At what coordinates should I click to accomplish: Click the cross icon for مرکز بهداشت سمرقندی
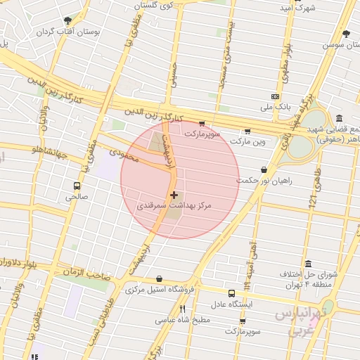pyautogui.click(x=174, y=194)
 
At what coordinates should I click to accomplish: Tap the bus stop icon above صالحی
pyautogui.click(x=77, y=186)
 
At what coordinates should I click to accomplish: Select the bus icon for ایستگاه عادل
pyautogui.click(x=231, y=293)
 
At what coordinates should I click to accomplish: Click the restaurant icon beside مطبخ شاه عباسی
pyautogui.click(x=183, y=309)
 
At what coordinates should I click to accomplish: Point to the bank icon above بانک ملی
pyautogui.click(x=276, y=96)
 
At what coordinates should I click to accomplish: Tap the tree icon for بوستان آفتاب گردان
pyautogui.click(x=67, y=20)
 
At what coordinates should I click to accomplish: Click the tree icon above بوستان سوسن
pyautogui.click(x=345, y=33)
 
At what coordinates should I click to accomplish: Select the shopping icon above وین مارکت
pyautogui.click(x=247, y=131)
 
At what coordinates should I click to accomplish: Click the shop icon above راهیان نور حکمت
pyautogui.click(x=264, y=169)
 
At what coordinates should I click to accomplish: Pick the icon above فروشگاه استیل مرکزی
pyautogui.click(x=160, y=279)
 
